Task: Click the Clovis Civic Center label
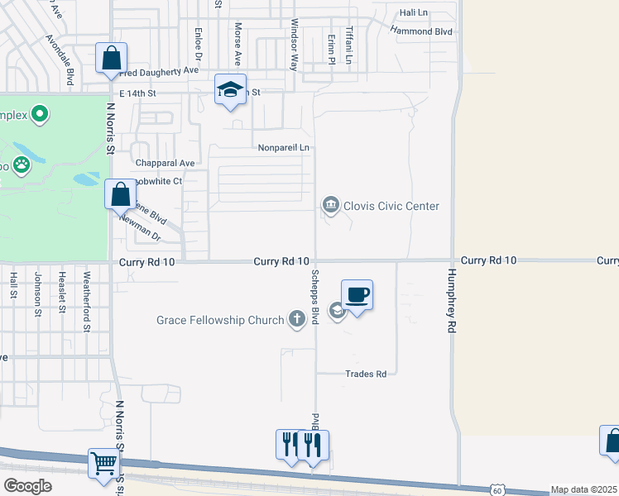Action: (391, 206)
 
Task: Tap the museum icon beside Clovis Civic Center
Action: (330, 204)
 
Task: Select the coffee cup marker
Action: (357, 295)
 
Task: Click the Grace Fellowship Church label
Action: (220, 319)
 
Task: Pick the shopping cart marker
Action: (103, 463)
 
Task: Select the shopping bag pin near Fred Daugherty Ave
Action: (112, 59)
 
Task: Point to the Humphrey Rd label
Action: (452, 299)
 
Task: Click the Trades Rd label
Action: (366, 374)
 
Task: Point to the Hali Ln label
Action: (413, 13)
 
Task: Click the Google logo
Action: (27, 486)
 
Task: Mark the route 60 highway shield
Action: (496, 490)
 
